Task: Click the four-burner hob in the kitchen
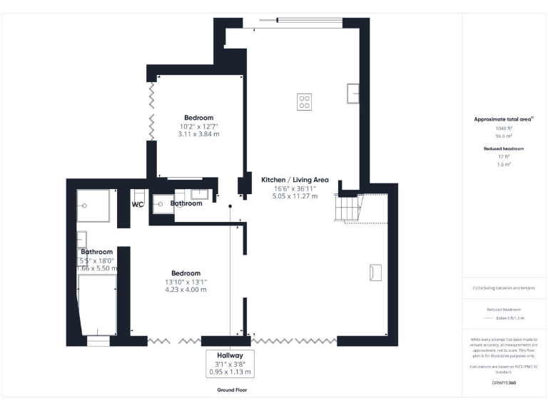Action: pos(304,101)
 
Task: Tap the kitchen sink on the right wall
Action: pos(353,93)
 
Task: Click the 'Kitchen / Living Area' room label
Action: pos(295,180)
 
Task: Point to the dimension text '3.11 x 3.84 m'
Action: pos(198,134)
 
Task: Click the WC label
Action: pos(138,204)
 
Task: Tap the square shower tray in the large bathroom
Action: pos(94,205)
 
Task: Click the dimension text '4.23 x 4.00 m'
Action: pos(186,290)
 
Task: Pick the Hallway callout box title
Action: pos(230,355)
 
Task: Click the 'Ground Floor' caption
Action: pos(232,390)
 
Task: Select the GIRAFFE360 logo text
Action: pos(504,384)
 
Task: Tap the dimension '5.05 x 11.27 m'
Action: pos(295,196)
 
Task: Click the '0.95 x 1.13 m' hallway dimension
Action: pos(230,372)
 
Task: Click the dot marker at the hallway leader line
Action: pos(230,206)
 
